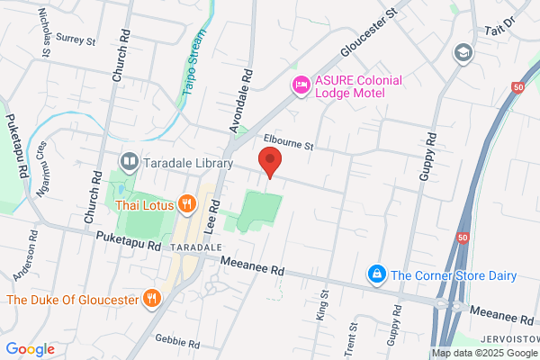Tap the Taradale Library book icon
[x=130, y=163]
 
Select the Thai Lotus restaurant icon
[x=186, y=203]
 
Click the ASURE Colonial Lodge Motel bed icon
[x=301, y=85]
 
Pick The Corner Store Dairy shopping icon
[x=377, y=273]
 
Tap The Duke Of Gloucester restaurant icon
[x=153, y=298]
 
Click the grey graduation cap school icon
[x=464, y=51]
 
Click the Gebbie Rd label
[x=176, y=343]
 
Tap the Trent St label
[x=354, y=336]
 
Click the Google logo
[x=30, y=348]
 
